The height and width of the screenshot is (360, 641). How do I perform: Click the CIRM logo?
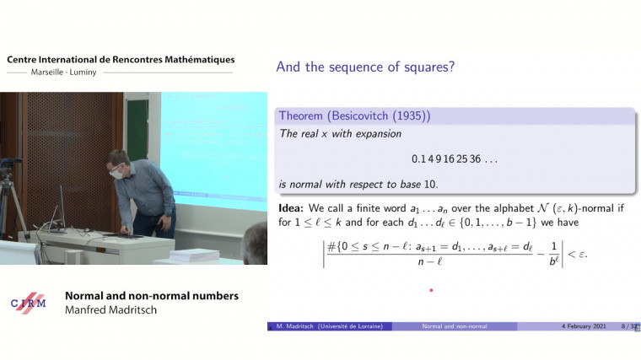pos(29,304)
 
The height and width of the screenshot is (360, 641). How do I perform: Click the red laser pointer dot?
pos(431,291)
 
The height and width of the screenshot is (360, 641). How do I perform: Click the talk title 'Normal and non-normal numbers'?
pos(152,296)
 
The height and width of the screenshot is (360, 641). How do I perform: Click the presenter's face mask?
pos(117,174)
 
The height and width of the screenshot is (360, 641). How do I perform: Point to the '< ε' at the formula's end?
pos(578,252)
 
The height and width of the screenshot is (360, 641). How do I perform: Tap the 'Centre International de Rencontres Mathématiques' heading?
pos(121,60)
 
